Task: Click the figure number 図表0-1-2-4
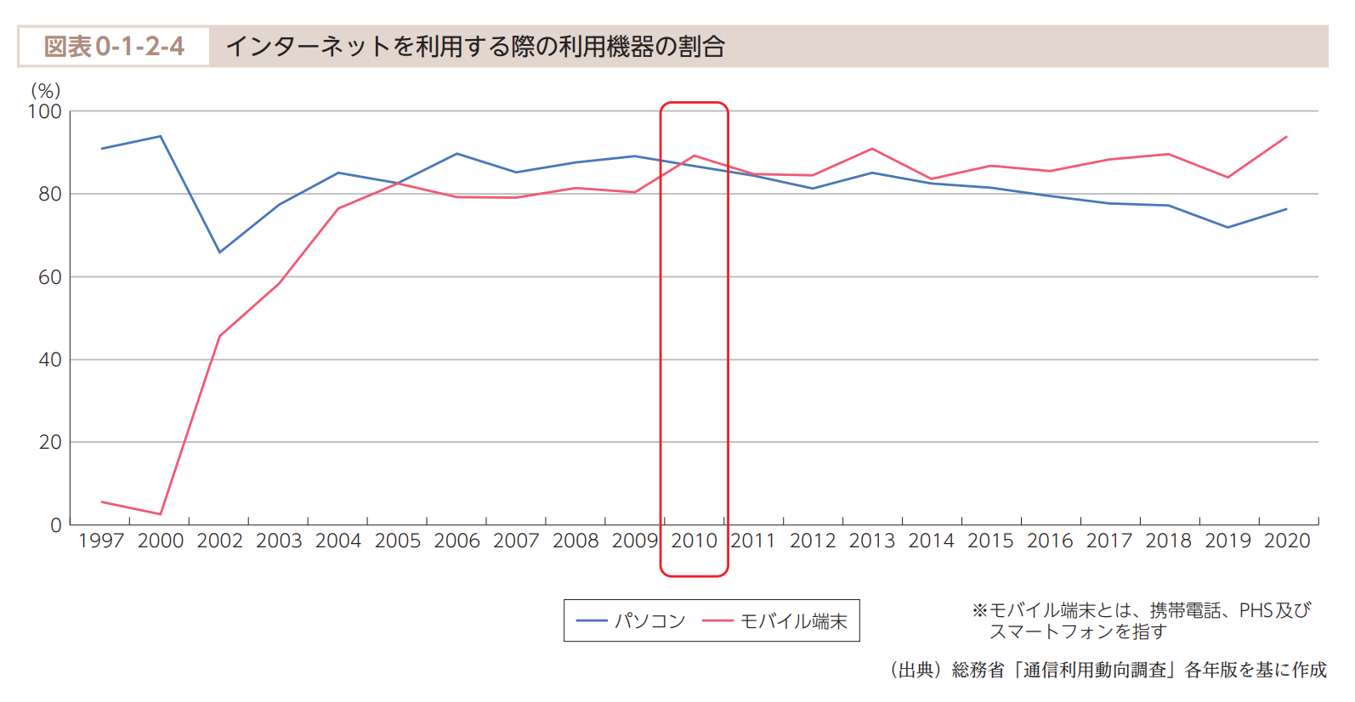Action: pyautogui.click(x=114, y=46)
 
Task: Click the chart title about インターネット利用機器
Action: pyautogui.click(x=475, y=46)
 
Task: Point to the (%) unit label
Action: pyautogui.click(x=45, y=91)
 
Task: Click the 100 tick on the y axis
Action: pyautogui.click(x=45, y=111)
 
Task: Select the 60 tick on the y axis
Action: pyautogui.click(x=49, y=277)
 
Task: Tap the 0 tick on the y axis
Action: pyautogui.click(x=56, y=525)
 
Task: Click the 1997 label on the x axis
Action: pyautogui.click(x=101, y=541)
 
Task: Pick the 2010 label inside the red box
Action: pyautogui.click(x=694, y=541)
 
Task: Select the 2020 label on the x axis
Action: pyautogui.click(x=1287, y=541)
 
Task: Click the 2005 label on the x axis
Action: pyautogui.click(x=398, y=541)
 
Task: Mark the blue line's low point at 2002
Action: pyautogui.click(x=219, y=252)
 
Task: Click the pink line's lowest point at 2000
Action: pyautogui.click(x=160, y=514)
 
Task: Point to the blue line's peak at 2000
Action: pyautogui.click(x=160, y=136)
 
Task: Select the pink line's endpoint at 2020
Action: pyautogui.click(x=1287, y=137)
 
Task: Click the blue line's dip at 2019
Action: pyautogui.click(x=1227, y=227)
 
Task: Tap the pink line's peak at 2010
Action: pyautogui.click(x=695, y=156)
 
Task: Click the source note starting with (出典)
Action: pyautogui.click(x=1108, y=670)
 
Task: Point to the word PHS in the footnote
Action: pyautogui.click(x=1256, y=610)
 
